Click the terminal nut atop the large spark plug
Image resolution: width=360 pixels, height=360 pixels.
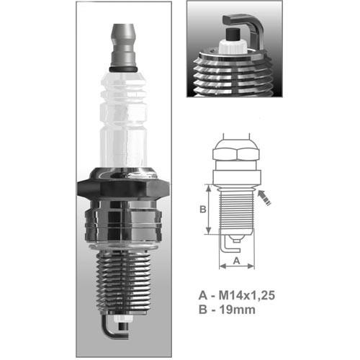point(123,45)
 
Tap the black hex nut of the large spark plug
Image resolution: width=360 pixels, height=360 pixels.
point(123,189)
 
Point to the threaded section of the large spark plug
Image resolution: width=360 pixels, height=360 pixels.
point(123,283)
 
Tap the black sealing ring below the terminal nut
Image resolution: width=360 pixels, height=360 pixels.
point(123,69)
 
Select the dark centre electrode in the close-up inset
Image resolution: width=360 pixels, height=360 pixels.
point(233,35)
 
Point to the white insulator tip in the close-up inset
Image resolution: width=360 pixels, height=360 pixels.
point(233,47)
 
